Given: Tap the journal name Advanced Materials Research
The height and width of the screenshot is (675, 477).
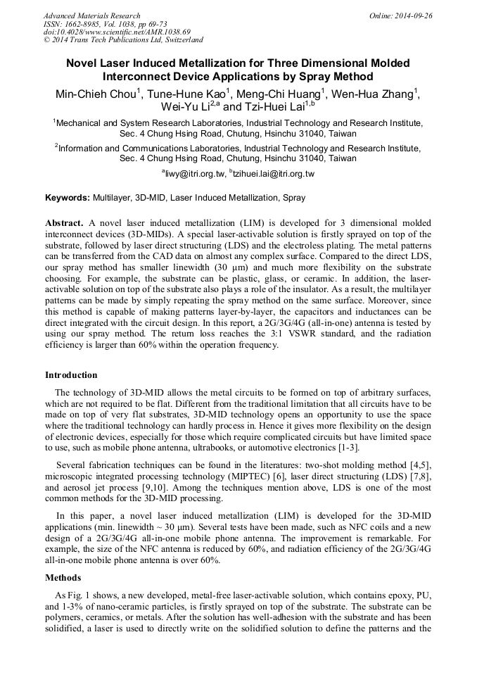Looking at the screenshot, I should (91, 15).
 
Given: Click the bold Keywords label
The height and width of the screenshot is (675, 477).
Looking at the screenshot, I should (68, 198).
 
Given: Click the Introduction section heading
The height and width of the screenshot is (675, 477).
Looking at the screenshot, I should (71, 375).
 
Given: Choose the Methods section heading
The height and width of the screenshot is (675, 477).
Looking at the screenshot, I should (63, 578).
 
